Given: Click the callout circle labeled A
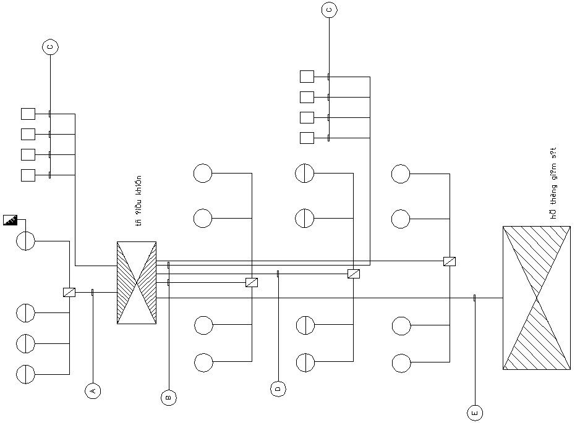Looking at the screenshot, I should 93,390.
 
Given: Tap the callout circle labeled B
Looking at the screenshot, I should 168,398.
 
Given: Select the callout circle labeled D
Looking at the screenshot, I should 278,388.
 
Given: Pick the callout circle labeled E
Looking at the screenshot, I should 475,413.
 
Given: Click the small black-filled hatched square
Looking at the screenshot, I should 10,220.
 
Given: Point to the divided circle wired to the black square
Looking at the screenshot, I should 25,241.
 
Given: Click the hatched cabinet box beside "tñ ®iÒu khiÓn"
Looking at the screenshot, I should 137,282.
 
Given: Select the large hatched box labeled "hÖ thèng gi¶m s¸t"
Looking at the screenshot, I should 536,298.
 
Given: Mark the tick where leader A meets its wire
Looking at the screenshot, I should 92,292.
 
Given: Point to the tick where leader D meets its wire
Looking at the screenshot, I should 278,273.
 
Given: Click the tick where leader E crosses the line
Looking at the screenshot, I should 474,298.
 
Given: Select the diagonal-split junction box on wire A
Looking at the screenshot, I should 69,292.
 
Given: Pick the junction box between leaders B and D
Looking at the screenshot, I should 252,282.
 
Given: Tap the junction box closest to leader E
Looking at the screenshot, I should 450,261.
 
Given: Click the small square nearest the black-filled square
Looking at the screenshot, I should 28,175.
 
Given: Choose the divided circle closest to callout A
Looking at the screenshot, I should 25,374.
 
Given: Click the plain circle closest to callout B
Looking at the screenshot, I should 203,362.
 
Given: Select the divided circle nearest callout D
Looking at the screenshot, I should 305,362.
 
